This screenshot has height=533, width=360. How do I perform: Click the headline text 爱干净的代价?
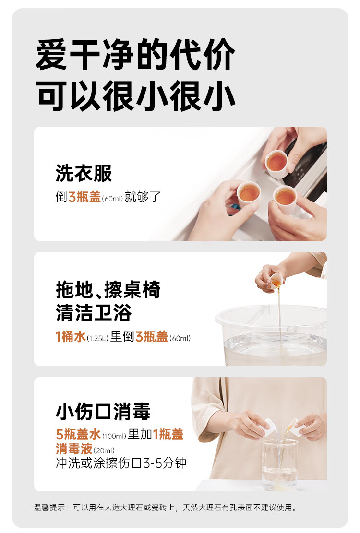coord(135,54)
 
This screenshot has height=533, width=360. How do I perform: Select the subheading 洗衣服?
coord(84,173)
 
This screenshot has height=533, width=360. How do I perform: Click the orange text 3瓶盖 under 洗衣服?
coord(84,197)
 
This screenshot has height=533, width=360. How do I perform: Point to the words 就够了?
coord(143,197)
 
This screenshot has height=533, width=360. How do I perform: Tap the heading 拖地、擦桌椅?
coord(108,290)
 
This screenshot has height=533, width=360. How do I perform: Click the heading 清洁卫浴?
coord(94,313)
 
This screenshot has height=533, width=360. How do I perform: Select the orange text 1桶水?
coord(71,336)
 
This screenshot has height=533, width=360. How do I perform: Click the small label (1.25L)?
coord(97,338)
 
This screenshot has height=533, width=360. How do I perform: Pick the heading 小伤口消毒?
coord(103,411)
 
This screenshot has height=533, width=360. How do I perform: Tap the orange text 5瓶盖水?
coord(79,435)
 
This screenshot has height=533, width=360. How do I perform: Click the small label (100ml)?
coord(114,436)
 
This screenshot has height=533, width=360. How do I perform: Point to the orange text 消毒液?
coord(74,449)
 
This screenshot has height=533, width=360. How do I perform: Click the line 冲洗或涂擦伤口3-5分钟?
coord(121,463)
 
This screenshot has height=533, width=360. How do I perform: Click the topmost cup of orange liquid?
coord(276,164)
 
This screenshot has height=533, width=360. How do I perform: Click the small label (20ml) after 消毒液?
coord(104,451)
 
